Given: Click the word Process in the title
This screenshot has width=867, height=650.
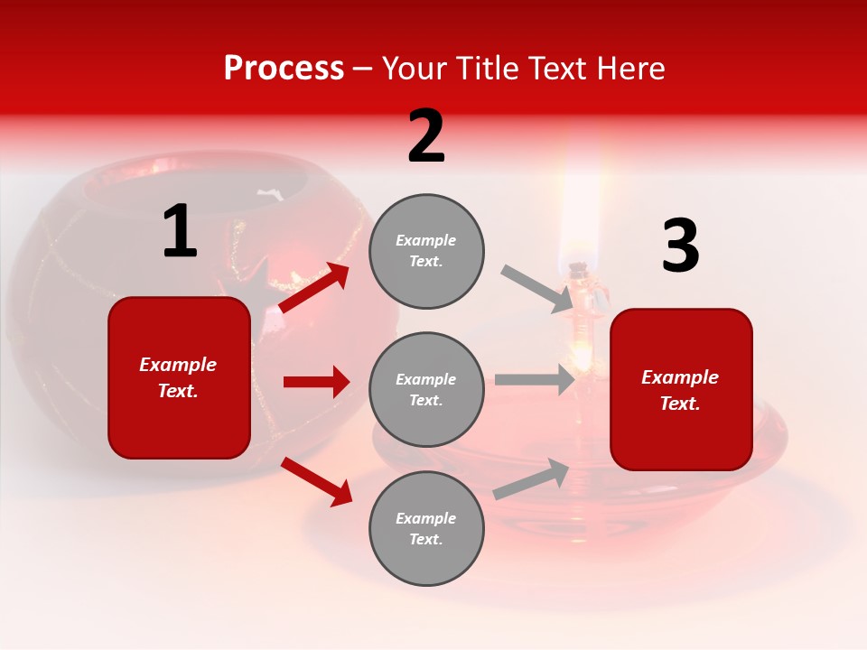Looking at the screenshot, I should click(284, 69).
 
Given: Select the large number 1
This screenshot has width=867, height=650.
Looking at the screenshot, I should click(179, 232).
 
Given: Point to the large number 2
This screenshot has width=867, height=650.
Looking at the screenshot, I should click(426, 136).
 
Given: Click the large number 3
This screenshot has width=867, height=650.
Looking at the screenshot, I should click(680, 246).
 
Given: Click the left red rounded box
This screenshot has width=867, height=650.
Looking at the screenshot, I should click(179, 377).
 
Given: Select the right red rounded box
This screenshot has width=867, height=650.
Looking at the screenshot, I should click(681, 389).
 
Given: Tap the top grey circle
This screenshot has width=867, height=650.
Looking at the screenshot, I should click(426, 251).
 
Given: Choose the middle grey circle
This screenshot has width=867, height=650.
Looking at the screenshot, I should click(426, 389).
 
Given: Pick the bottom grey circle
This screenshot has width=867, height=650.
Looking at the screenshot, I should click(426, 528).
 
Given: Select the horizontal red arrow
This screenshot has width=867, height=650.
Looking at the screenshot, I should click(316, 382).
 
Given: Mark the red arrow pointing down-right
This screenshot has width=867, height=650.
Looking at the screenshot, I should click(316, 481).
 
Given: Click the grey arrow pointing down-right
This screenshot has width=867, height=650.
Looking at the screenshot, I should click(537, 289).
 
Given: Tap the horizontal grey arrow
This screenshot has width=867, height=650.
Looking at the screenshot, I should click(535, 380).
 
